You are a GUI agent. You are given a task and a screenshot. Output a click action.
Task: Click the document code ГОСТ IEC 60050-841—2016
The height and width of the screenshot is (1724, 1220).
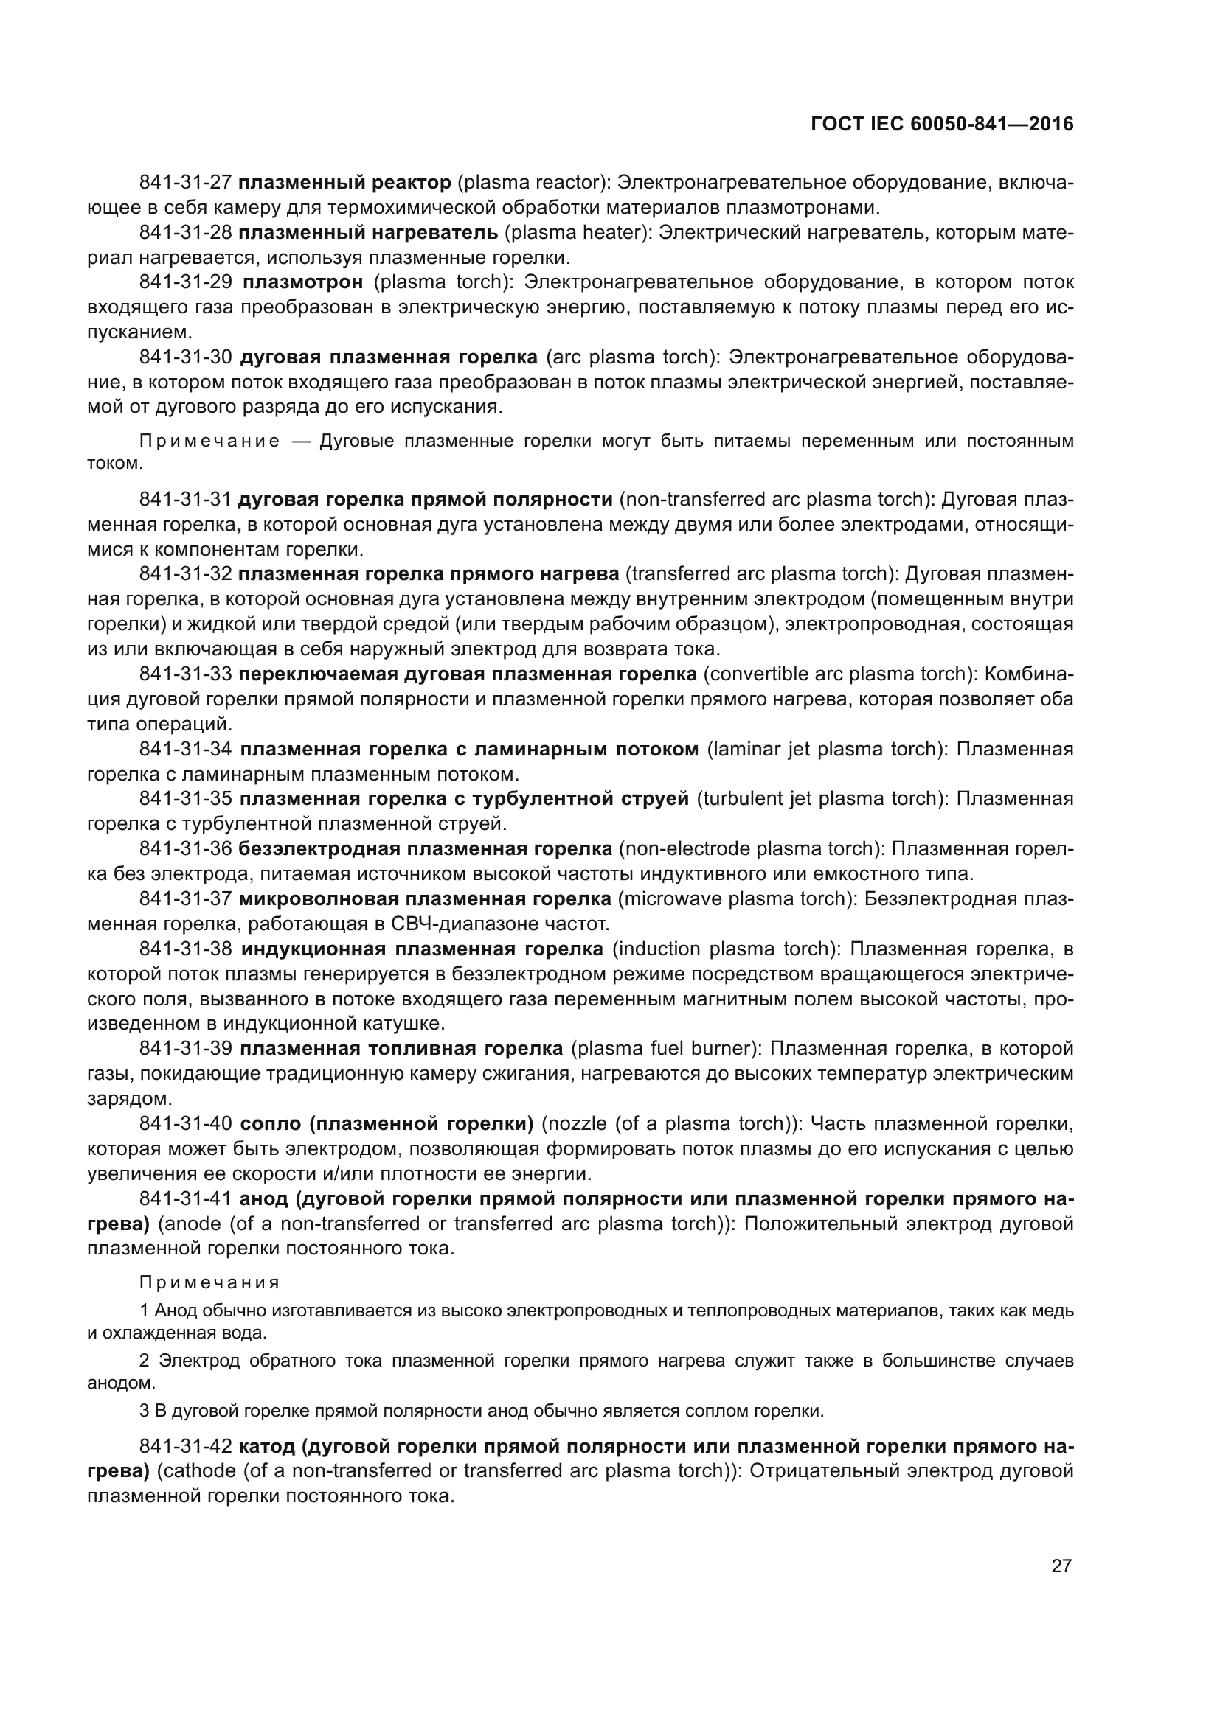click(x=942, y=125)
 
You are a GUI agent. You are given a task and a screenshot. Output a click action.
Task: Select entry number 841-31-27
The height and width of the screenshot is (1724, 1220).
click(x=186, y=183)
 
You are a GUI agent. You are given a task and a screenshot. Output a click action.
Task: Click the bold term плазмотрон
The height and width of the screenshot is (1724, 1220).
click(x=302, y=282)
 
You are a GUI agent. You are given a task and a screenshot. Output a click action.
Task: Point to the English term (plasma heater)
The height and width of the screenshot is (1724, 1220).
click(x=578, y=233)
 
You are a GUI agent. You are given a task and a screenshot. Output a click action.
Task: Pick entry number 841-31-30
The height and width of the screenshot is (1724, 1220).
click(x=186, y=357)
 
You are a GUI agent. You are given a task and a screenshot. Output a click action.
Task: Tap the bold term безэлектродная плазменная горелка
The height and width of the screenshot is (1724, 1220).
click(x=425, y=849)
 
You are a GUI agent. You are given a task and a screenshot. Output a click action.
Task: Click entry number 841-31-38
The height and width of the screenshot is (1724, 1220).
click(x=186, y=949)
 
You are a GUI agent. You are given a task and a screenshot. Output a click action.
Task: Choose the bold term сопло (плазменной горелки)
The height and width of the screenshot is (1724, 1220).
click(x=387, y=1124)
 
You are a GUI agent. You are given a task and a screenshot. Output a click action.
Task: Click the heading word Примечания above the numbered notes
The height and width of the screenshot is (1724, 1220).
click(x=209, y=1282)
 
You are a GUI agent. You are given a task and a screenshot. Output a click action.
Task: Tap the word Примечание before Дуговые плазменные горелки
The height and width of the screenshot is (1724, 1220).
click(x=209, y=441)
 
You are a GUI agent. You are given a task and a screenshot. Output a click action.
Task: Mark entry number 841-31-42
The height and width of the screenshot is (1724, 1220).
click(x=186, y=1446)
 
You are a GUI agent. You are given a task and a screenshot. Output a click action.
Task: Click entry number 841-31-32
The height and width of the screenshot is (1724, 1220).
click(x=186, y=574)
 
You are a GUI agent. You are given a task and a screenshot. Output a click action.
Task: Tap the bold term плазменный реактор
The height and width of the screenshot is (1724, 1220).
click(x=344, y=183)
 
